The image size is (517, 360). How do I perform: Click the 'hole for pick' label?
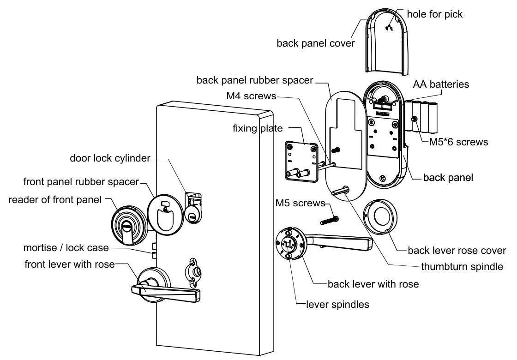pos(434,14)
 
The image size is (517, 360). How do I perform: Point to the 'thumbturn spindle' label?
pos(462,267)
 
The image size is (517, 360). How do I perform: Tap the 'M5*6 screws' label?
pos(454,142)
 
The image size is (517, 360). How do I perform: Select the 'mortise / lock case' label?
pos(66,248)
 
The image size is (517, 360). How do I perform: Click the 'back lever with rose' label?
pos(373,284)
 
